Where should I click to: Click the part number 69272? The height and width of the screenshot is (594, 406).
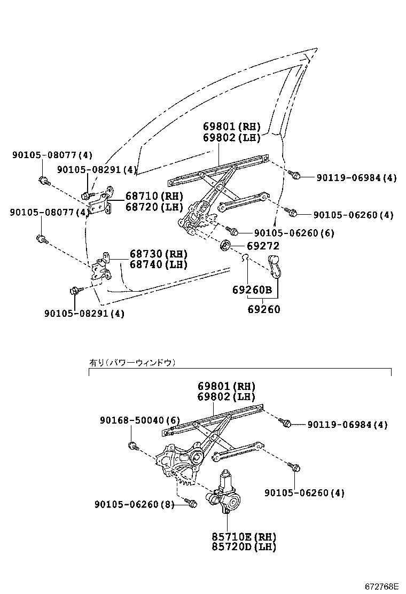(263, 246)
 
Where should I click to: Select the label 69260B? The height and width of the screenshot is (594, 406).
(252, 290)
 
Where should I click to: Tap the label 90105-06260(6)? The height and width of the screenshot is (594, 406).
(294, 233)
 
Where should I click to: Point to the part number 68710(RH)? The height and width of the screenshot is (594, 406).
(154, 196)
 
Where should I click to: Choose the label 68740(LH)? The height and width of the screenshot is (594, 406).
(158, 264)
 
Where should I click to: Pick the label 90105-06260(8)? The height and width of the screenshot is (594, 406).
(134, 504)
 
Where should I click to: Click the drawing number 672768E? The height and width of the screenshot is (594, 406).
(381, 587)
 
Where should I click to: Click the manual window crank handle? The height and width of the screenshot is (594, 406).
(275, 265)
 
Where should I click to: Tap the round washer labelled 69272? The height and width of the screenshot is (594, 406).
(225, 246)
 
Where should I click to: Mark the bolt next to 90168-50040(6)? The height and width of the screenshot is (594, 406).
(134, 445)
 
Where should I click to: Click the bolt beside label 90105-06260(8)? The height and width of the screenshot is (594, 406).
(191, 503)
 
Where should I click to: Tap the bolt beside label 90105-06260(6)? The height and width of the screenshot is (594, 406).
(232, 231)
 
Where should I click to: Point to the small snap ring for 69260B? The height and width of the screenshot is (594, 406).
(244, 259)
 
